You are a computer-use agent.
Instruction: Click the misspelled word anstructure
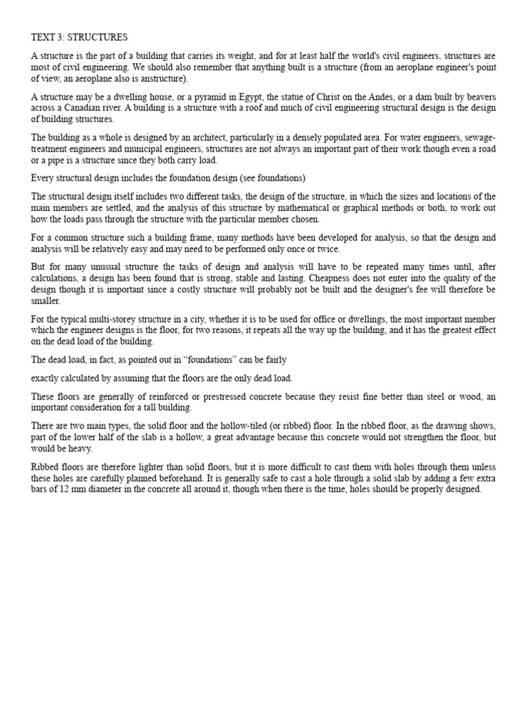(155, 79)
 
